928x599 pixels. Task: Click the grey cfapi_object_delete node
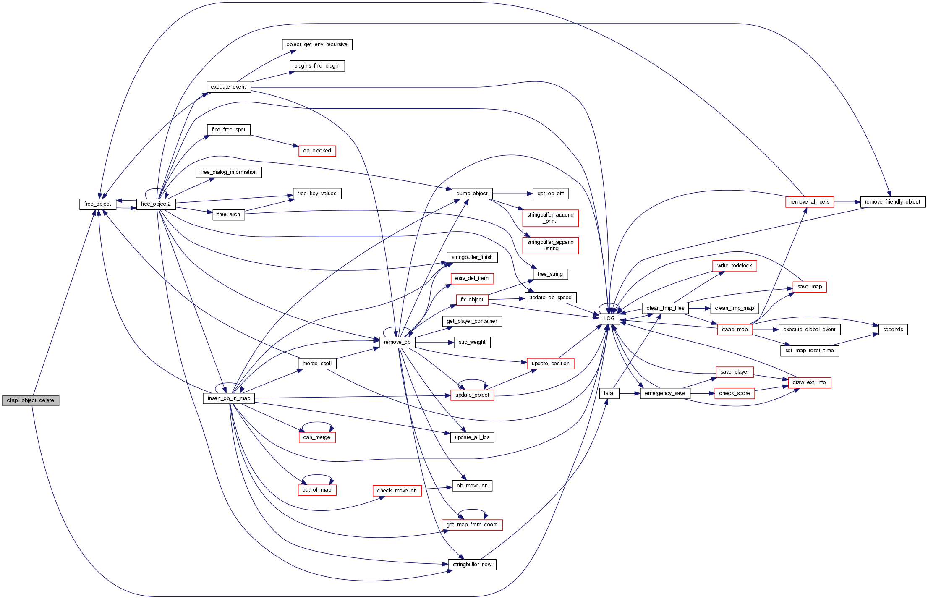pos(31,400)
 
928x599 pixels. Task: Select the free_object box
pos(97,204)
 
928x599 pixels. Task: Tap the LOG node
pos(609,319)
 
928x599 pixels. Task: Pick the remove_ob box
pos(397,342)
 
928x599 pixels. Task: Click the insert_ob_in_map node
pos(229,398)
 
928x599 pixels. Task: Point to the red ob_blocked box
pos(317,151)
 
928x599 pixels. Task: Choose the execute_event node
pos(228,87)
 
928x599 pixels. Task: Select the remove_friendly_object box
pos(892,202)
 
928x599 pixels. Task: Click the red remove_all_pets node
pos(810,202)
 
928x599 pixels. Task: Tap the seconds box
pos(893,330)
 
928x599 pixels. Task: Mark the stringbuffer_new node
pos(472,565)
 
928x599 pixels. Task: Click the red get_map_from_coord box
pos(472,525)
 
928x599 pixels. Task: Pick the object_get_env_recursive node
pos(317,44)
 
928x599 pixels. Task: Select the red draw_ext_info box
pos(809,382)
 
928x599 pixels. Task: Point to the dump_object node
pos(472,194)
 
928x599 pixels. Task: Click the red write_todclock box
pos(735,266)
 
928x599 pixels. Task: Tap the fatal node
pos(609,393)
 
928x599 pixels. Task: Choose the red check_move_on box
pos(397,491)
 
